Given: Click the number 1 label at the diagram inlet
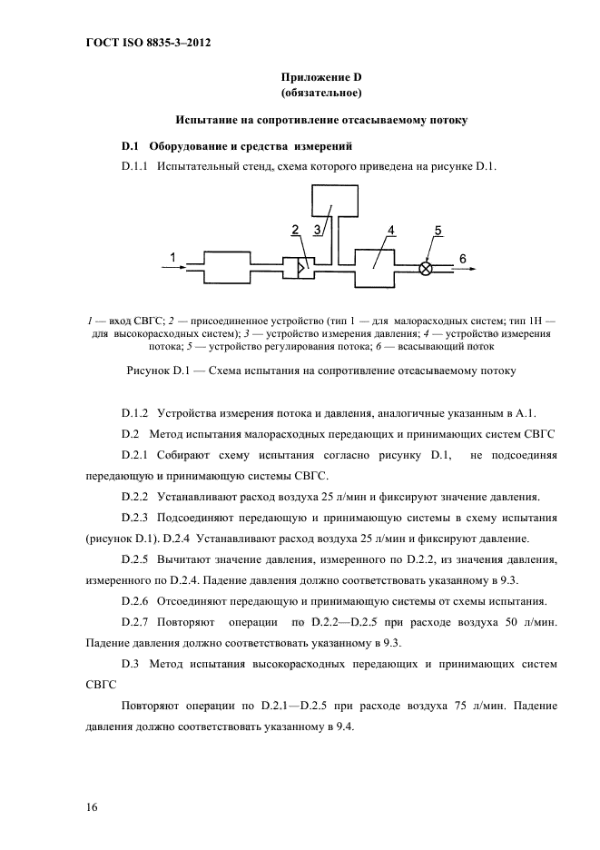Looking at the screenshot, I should (x=172, y=259).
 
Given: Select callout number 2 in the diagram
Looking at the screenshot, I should (x=296, y=231).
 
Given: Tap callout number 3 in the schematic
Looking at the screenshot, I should (x=319, y=231).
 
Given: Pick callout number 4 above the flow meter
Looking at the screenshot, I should (x=390, y=231).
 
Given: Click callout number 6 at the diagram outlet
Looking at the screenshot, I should (x=462, y=259).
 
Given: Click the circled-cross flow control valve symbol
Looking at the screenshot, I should (x=425, y=269).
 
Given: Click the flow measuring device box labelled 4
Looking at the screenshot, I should (x=374, y=268).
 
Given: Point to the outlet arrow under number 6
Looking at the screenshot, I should (x=463, y=269).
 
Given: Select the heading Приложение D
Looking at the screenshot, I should (x=321, y=76).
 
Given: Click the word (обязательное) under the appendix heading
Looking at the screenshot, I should (x=321, y=93).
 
